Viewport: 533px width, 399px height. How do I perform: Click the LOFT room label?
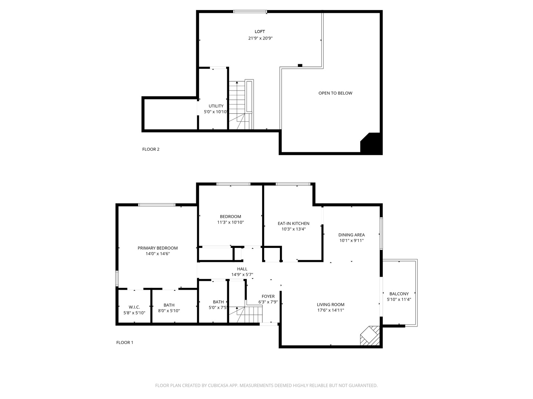[259, 31]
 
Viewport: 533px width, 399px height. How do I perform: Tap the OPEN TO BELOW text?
[335, 93]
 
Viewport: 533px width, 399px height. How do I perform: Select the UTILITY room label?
[216, 106]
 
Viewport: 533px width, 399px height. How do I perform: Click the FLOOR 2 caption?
[151, 149]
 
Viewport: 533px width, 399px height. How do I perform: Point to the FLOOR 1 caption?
[125, 342]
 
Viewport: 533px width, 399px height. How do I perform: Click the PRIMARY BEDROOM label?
[158, 248]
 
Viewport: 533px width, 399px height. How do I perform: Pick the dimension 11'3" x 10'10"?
[230, 222]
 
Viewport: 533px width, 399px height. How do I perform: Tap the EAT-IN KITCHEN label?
[294, 224]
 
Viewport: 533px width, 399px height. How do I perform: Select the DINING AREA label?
[351, 235]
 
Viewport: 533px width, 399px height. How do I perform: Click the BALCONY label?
[399, 294]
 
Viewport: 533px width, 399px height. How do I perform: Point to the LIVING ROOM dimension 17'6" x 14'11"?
[331, 310]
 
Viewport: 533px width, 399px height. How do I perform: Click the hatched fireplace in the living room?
[370, 336]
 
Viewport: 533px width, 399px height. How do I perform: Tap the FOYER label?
[268, 296]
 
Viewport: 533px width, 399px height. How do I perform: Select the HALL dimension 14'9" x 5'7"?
[242, 274]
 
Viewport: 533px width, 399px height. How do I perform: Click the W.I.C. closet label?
[134, 307]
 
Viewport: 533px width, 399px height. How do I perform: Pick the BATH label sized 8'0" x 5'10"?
[169, 305]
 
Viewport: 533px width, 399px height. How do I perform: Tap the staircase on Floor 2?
[237, 105]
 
